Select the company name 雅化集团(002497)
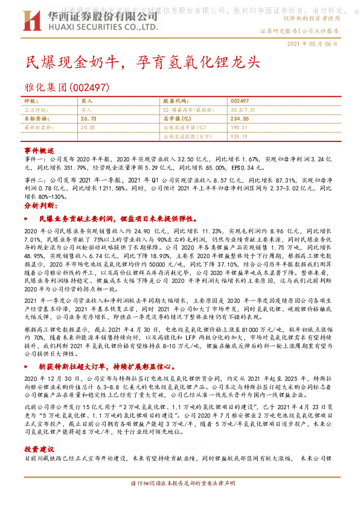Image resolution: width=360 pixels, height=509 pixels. pyautogui.click(x=66, y=87)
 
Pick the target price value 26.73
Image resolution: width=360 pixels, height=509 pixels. pyautogui.click(x=88, y=120)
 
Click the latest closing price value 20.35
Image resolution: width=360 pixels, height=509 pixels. pyautogui.click(x=88, y=128)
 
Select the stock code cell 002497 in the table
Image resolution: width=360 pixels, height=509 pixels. pyautogui.click(x=240, y=102)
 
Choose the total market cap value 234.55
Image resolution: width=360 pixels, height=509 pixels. pyautogui.click(x=240, y=120)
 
